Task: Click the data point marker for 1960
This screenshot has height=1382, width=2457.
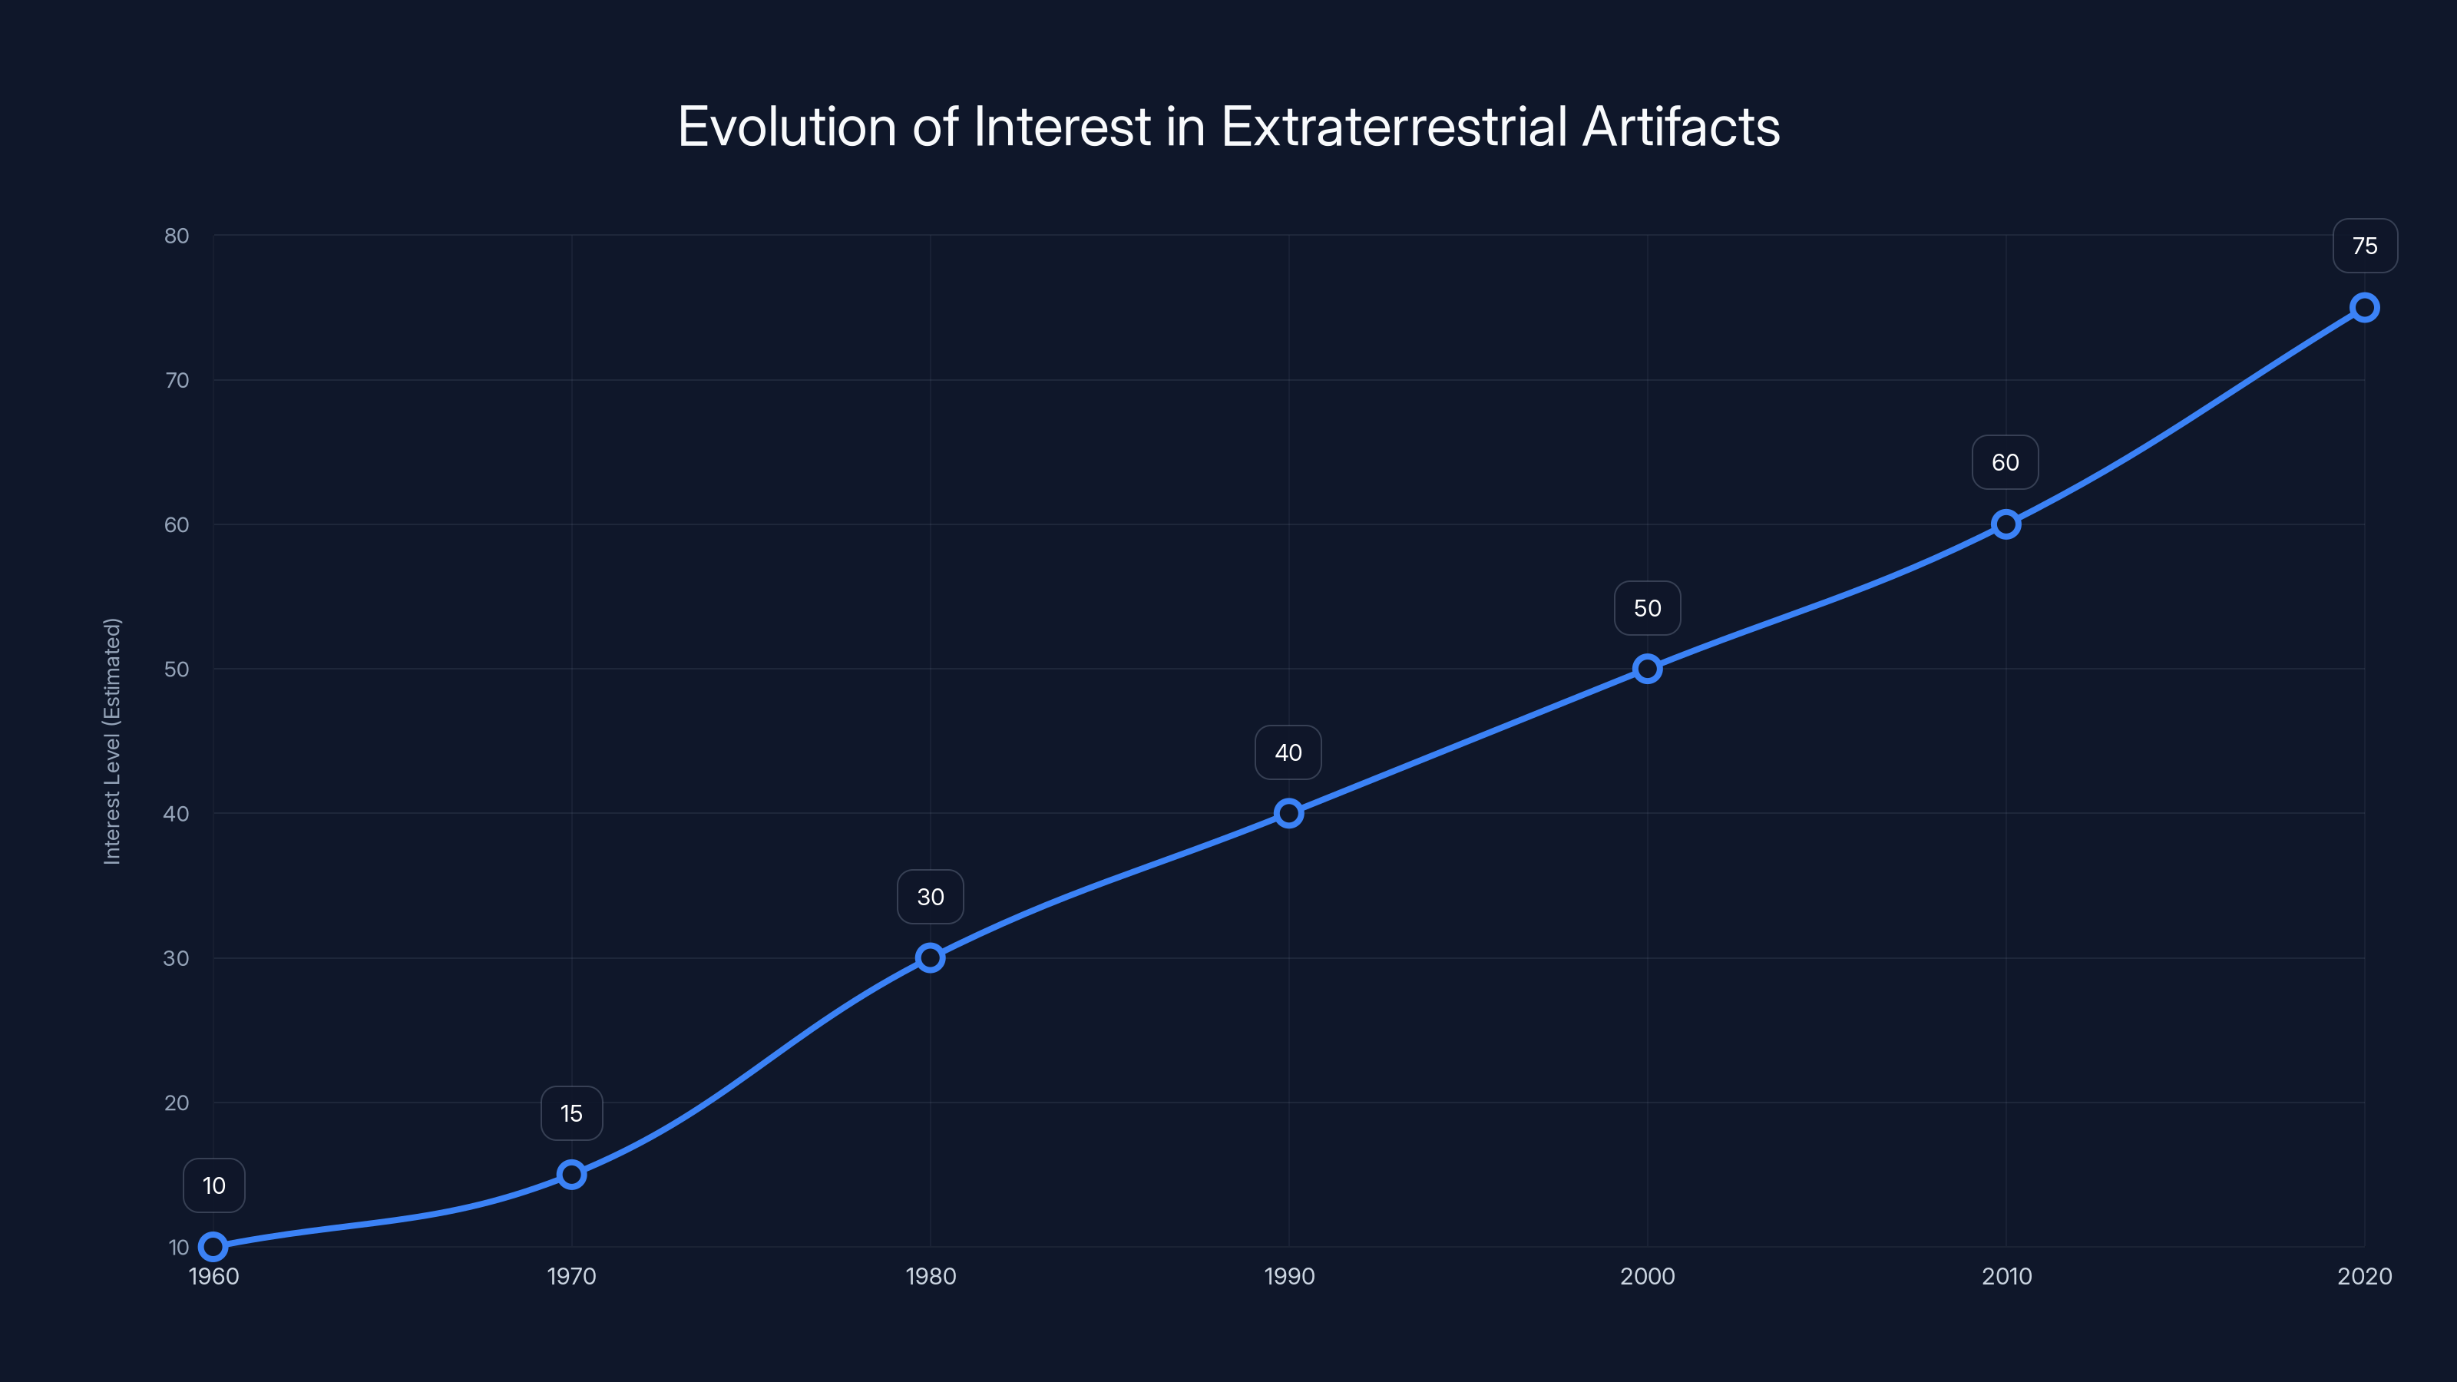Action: click(213, 1247)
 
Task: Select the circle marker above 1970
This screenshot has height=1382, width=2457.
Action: click(571, 1174)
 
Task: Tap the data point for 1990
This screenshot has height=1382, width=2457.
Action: click(1288, 814)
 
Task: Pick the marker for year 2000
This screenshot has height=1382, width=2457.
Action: click(1647, 669)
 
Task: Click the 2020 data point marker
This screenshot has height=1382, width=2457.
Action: click(2365, 307)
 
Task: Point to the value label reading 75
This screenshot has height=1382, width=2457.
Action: click(2365, 246)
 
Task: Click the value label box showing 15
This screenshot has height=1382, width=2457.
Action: click(571, 1113)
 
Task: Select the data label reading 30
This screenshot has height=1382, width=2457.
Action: click(930, 897)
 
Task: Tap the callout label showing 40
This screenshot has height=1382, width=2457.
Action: click(1288, 752)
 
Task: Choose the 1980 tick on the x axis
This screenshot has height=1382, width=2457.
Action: click(930, 1276)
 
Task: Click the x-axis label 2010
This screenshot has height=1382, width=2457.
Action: click(2006, 1276)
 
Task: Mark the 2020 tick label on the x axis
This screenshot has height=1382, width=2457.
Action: click(2365, 1276)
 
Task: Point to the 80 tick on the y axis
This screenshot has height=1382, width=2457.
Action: click(177, 236)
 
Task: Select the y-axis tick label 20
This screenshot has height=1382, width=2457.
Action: click(177, 1103)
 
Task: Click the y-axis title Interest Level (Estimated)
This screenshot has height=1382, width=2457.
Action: click(113, 741)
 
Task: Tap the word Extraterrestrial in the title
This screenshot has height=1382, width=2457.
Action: click(1394, 127)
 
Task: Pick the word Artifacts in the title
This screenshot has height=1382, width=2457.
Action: click(1681, 127)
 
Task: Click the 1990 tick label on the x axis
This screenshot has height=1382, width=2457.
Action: click(1288, 1276)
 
